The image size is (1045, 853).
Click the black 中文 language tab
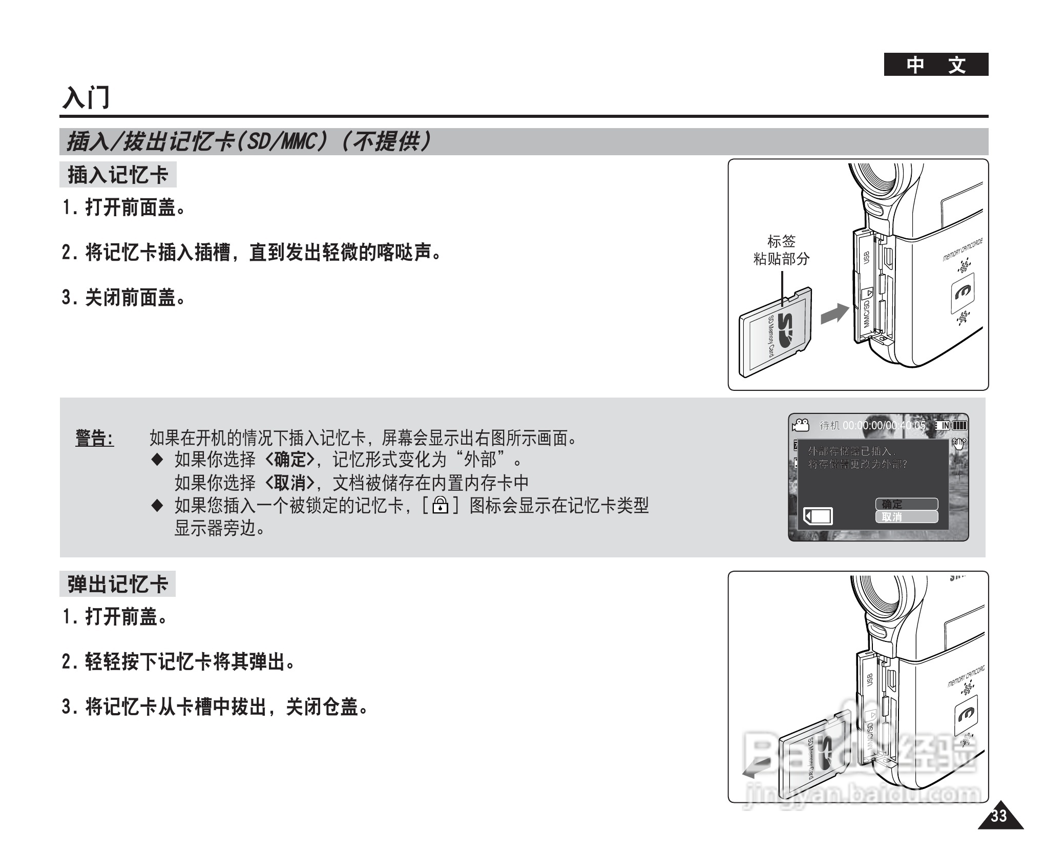(935, 65)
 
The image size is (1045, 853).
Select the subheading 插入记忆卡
(118, 175)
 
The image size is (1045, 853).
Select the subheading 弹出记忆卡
(117, 584)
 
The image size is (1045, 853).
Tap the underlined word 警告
(95, 439)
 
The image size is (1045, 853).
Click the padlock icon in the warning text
(440, 506)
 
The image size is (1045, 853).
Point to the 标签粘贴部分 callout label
(781, 250)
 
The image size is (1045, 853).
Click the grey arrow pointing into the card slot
(834, 313)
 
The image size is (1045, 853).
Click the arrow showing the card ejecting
(756, 769)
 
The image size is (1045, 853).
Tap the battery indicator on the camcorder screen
(959, 425)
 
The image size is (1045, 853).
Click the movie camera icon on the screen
(800, 425)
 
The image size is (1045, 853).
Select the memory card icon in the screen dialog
(818, 516)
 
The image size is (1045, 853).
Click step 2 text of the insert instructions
(251, 253)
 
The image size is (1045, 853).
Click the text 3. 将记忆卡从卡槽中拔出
(215, 708)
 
